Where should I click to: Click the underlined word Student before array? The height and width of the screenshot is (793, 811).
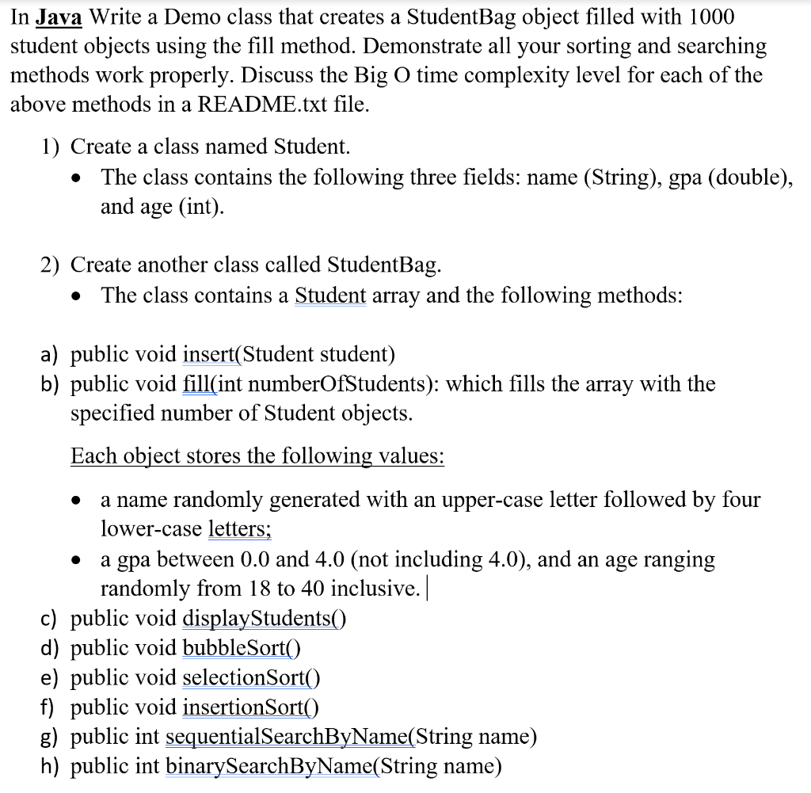click(330, 295)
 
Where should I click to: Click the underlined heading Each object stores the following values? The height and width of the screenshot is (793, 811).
click(257, 456)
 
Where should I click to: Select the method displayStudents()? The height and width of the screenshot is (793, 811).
click(265, 618)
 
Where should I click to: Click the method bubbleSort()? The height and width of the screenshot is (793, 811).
click(242, 648)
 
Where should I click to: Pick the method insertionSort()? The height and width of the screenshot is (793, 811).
click(250, 707)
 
